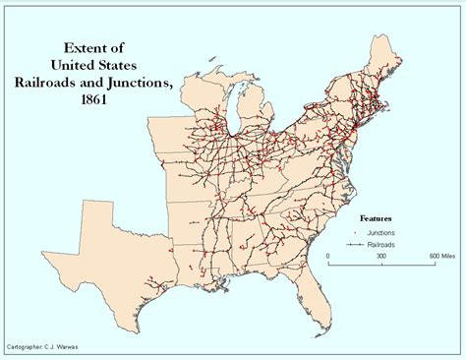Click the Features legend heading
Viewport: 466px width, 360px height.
click(x=378, y=217)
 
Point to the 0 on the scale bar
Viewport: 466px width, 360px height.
click(x=327, y=255)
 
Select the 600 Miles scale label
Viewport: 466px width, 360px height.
click(x=438, y=255)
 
